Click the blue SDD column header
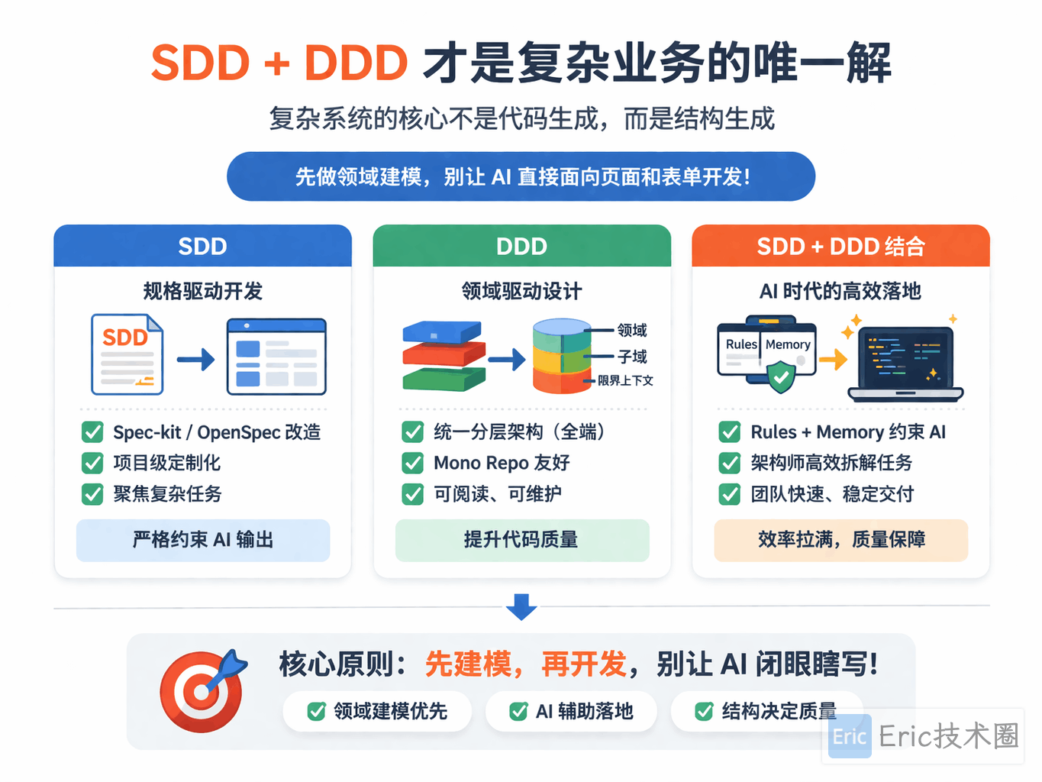point(203,245)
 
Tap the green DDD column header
point(521,245)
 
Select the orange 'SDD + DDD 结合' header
point(840,245)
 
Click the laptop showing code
point(905,364)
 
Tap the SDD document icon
point(127,354)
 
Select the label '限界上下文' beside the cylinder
point(625,380)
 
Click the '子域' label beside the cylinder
point(632,356)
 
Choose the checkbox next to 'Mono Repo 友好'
point(412,463)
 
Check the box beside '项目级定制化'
point(92,463)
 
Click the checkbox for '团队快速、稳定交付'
point(730,494)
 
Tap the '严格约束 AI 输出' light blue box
point(203,541)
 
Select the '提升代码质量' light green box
point(522,541)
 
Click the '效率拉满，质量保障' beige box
point(841,541)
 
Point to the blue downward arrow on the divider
point(521,606)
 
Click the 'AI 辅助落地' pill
point(571,711)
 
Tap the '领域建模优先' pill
point(377,711)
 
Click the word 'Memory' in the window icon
point(788,344)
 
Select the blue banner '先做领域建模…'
point(521,176)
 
